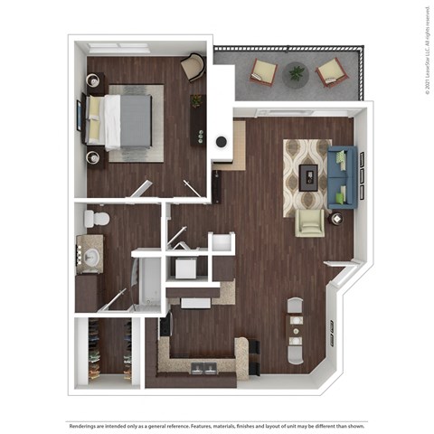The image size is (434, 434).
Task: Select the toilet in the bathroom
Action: click(96, 218)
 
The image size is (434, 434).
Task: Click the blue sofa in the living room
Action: click(342, 175)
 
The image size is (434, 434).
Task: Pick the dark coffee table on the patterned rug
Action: click(308, 175)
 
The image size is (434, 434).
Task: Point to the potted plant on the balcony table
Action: click(295, 71)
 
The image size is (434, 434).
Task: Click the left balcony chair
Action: click(264, 71)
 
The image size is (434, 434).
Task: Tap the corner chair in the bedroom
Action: click(193, 66)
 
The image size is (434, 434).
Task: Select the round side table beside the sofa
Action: click(337, 218)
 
